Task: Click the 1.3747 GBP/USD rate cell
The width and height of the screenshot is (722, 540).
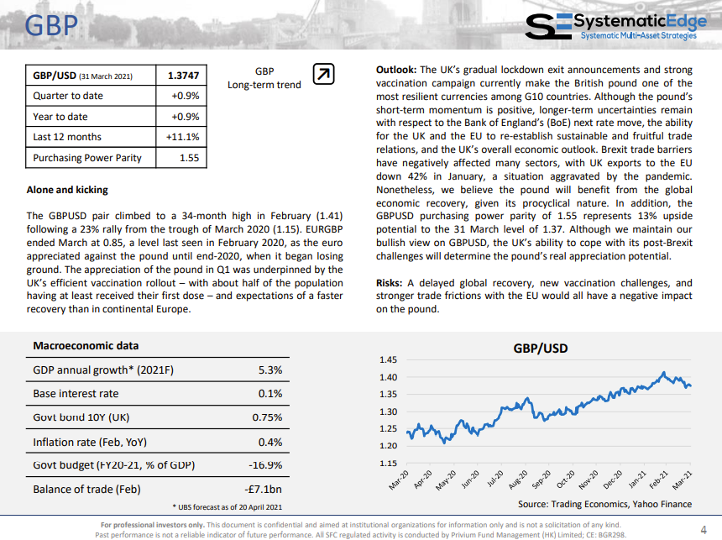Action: tap(183, 76)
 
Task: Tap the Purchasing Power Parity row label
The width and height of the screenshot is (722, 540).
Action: tap(87, 158)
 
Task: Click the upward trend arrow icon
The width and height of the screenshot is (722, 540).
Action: tap(323, 74)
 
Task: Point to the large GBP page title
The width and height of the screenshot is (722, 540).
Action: tap(51, 25)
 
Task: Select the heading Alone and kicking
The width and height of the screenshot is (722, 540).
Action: tap(67, 190)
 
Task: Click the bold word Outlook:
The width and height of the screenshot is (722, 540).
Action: tap(396, 70)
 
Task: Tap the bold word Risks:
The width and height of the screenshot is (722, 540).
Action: tap(389, 283)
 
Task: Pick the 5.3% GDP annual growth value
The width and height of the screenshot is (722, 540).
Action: tap(270, 370)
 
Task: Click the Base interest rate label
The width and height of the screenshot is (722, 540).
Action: tap(76, 394)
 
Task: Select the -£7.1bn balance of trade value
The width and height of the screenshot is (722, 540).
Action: tap(263, 490)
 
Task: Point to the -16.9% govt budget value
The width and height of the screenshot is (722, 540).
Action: tap(265, 465)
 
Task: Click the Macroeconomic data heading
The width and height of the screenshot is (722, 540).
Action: tap(86, 345)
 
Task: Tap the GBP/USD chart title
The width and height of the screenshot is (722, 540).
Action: tap(540, 349)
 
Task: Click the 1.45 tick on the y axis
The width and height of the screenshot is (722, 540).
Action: tap(388, 359)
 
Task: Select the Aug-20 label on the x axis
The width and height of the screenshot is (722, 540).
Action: tap(518, 480)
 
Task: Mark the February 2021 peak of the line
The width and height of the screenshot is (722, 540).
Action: tap(663, 372)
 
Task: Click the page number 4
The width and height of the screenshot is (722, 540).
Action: tap(704, 529)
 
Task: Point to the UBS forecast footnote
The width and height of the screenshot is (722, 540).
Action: tap(228, 507)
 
